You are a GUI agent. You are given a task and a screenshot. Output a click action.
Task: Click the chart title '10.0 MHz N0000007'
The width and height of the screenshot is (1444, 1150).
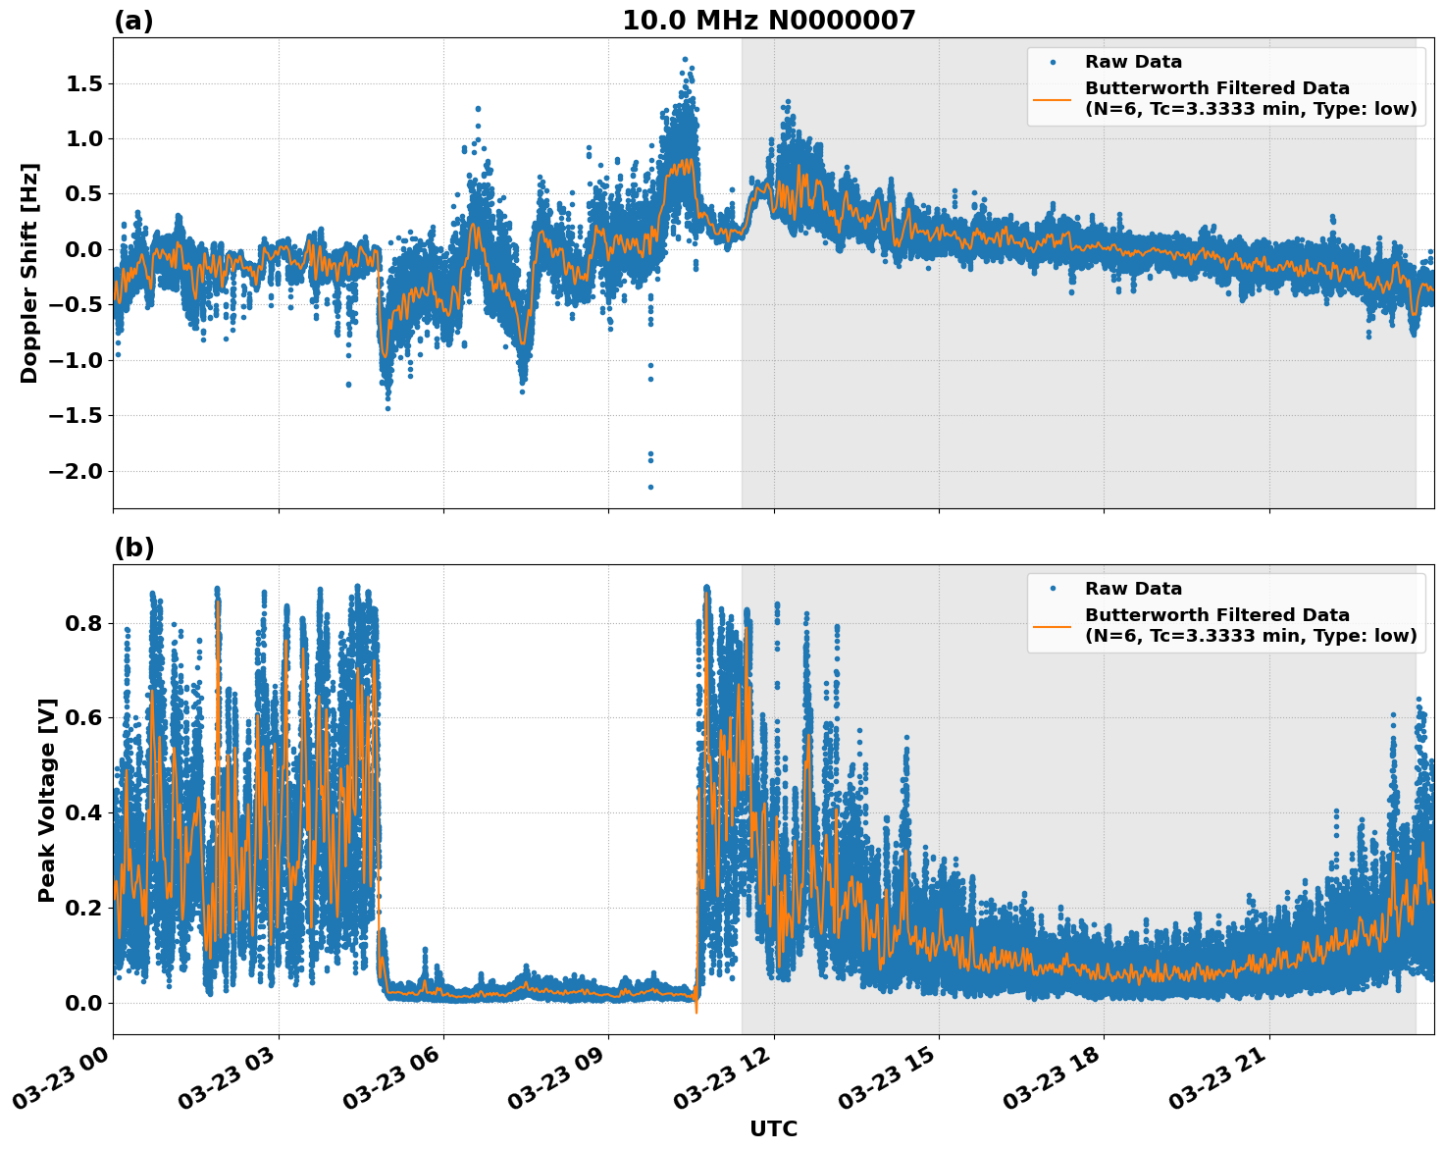click(768, 21)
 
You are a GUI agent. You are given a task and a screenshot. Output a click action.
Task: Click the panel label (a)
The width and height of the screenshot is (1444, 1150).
click(133, 21)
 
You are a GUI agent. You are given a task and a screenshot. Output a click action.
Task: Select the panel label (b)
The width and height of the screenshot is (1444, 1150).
click(133, 548)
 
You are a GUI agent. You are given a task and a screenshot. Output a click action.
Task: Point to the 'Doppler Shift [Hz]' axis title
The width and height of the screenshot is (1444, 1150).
click(29, 273)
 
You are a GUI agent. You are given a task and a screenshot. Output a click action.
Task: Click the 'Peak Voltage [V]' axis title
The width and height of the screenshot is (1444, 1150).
click(46, 800)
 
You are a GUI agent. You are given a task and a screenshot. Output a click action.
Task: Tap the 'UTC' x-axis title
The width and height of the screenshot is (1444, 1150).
click(773, 1128)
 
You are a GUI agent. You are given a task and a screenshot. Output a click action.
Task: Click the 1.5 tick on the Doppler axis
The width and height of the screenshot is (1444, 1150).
click(83, 84)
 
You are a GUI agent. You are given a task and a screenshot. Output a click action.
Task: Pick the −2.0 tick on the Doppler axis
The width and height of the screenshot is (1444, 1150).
click(77, 472)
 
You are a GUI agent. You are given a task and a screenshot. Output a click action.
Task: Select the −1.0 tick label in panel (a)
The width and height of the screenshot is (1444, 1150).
click(77, 361)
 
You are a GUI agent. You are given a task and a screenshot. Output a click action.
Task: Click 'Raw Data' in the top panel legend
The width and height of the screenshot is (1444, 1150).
click(1133, 62)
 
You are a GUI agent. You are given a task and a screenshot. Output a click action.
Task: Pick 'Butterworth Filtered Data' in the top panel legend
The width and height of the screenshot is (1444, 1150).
click(1216, 88)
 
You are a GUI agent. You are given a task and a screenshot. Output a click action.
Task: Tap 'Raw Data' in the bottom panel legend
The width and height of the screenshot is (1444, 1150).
click(1133, 589)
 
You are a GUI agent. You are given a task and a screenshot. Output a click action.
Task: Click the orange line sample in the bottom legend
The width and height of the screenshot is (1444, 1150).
click(1052, 625)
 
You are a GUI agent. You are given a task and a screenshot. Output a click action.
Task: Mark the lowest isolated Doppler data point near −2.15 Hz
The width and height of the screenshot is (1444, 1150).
click(650, 487)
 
